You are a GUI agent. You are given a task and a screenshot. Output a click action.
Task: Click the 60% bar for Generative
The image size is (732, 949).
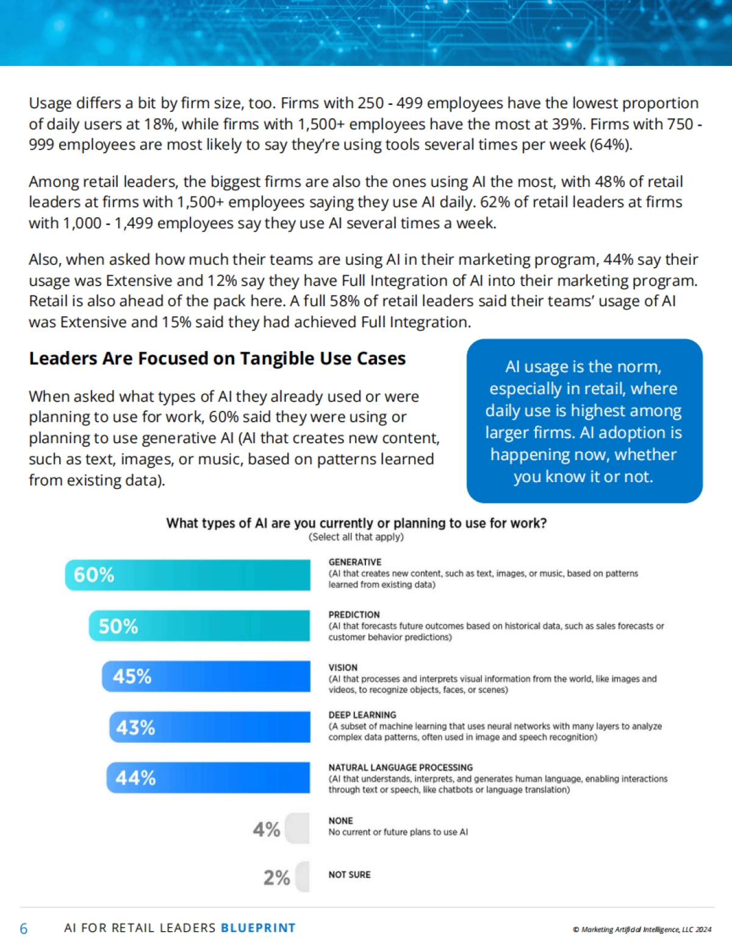point(188,575)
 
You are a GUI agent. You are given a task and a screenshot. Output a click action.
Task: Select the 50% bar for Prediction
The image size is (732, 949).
point(199,626)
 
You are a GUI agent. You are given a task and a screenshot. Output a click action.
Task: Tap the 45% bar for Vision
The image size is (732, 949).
point(206,676)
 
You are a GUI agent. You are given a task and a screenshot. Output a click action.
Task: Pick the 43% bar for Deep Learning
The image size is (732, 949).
point(210,727)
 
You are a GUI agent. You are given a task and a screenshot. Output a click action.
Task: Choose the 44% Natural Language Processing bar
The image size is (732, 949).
point(209,778)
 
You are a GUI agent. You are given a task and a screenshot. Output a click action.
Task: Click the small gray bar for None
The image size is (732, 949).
point(298,828)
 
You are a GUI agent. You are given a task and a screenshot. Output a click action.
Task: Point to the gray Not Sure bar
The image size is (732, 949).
point(303,876)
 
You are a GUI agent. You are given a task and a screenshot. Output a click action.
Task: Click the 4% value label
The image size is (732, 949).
point(267,829)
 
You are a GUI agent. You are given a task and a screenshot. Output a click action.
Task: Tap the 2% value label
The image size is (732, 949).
point(276,878)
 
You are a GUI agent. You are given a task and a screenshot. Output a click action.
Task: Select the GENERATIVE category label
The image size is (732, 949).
point(355,562)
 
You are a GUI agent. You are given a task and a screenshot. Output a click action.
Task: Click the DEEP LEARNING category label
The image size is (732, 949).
point(362,715)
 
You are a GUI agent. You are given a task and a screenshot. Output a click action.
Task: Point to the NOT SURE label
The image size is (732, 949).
point(350,875)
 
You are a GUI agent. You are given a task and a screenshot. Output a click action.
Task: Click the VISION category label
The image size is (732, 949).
point(343,668)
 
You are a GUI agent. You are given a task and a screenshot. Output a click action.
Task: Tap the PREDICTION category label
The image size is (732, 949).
point(354,615)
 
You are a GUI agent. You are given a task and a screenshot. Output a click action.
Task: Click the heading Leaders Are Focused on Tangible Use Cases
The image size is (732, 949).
point(217,358)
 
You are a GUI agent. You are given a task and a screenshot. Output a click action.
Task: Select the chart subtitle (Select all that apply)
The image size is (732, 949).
point(356,537)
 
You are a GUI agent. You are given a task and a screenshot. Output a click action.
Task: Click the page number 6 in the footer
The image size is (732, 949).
point(24,928)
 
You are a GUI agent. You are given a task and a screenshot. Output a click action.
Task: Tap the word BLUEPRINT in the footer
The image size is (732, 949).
point(258,928)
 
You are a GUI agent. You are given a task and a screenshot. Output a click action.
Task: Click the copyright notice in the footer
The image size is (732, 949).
point(642,929)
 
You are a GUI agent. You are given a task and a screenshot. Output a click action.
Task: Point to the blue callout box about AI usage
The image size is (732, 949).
point(584,421)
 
